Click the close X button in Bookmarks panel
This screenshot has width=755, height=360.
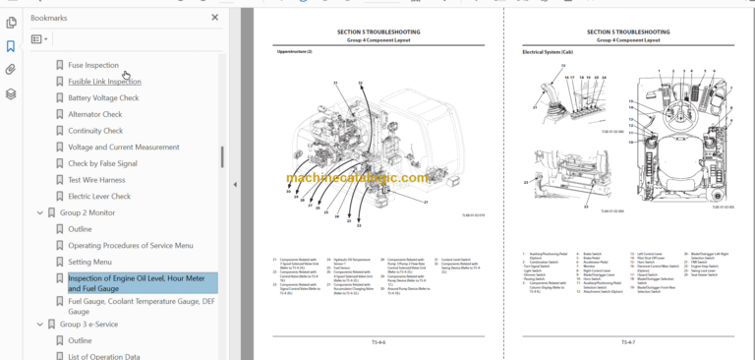[215, 17]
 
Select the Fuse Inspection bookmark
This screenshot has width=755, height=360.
[93, 65]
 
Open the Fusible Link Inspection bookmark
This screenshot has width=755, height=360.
[104, 82]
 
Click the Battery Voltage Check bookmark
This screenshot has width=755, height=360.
[103, 98]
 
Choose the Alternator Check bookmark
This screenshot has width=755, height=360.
[94, 114]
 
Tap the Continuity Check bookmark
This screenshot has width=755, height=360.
[94, 131]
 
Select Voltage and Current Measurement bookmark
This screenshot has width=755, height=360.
[123, 147]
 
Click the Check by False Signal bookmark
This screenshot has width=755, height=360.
[102, 163]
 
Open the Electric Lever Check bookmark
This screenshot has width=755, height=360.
[98, 196]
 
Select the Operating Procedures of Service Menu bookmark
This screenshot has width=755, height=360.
[130, 245]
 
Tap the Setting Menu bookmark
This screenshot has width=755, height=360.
[89, 262]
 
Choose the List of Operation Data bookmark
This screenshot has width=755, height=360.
[103, 356]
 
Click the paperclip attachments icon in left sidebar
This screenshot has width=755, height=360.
[11, 70]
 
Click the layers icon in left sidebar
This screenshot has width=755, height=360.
[11, 94]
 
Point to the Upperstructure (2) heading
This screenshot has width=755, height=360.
[294, 50]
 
